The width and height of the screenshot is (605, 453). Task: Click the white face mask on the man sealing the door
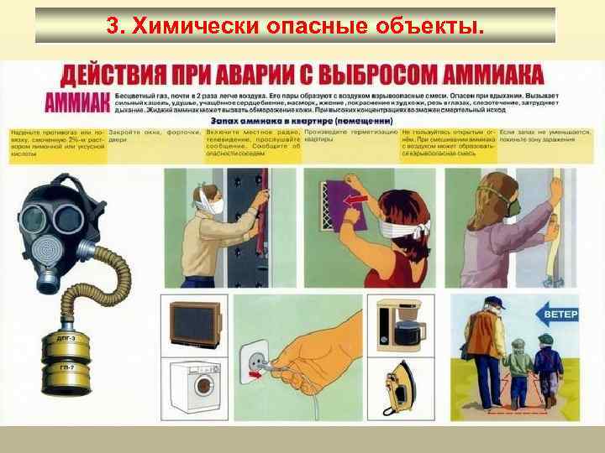[217, 206]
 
